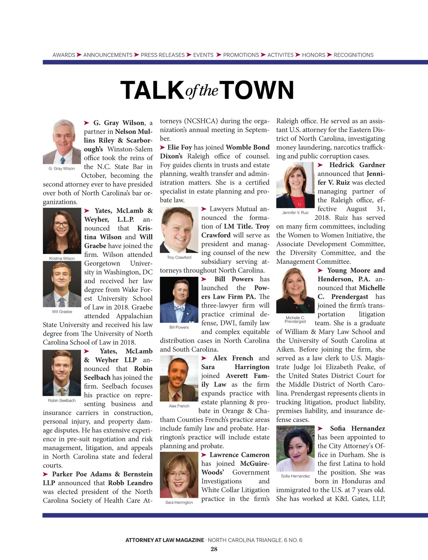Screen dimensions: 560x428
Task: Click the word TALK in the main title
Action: [152, 90]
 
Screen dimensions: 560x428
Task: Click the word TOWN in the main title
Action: [259, 90]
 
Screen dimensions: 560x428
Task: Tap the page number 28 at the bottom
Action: [214, 549]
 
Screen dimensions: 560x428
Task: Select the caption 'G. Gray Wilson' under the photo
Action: [62, 168]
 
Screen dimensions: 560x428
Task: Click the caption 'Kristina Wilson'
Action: [62, 258]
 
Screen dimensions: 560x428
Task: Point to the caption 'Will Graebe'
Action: [62, 312]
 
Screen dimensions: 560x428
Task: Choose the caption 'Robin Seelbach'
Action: [62, 400]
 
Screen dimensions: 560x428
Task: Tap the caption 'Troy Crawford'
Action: [179, 257]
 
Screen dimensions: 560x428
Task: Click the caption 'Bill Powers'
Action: [179, 327]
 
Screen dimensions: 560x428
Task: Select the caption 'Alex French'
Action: [179, 406]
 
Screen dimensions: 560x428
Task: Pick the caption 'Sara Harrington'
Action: [179, 503]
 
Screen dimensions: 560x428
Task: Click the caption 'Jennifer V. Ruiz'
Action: [295, 213]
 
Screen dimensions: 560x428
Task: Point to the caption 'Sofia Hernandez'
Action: [295, 476]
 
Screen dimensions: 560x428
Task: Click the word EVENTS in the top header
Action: [203, 55]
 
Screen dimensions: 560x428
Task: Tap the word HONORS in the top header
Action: [314, 55]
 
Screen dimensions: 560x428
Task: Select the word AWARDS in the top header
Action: [64, 55]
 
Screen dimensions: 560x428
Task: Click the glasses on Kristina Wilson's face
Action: [61, 224]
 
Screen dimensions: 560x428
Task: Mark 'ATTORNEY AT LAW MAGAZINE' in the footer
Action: [165, 540]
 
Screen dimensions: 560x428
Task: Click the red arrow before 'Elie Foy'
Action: [163, 147]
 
